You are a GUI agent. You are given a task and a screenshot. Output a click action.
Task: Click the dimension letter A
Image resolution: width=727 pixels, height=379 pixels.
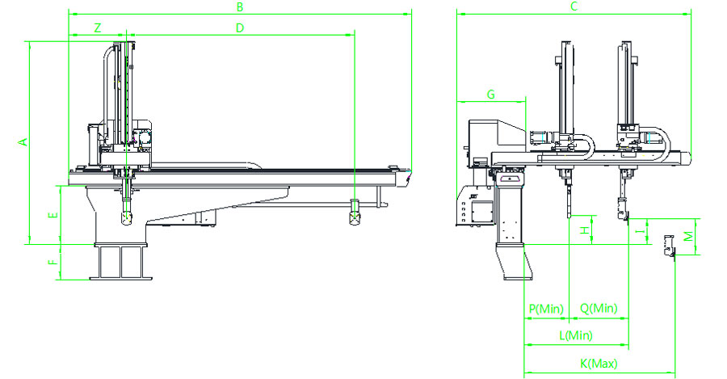click(23, 142)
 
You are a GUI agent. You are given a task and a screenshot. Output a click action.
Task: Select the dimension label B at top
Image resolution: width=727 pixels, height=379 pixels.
click(239, 7)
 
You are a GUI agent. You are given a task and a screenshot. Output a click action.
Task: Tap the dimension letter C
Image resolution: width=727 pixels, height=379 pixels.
click(574, 7)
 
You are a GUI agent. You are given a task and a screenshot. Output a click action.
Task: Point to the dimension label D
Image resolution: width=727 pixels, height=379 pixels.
click(239, 27)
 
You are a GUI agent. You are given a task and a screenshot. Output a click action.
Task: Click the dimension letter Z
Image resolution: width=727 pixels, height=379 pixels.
click(98, 27)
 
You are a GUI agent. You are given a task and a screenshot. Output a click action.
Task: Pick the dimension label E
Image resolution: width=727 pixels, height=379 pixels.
click(52, 216)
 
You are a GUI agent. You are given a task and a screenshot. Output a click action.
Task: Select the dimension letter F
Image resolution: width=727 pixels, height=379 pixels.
click(52, 263)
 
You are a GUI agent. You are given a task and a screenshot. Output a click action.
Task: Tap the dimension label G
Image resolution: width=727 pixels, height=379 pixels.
click(490, 95)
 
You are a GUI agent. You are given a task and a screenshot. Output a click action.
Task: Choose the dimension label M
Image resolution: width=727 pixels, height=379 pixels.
click(687, 236)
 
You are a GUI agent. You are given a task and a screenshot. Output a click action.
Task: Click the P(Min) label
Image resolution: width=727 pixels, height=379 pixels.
click(545, 309)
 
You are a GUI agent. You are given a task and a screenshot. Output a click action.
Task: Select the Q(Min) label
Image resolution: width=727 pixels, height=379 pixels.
click(599, 309)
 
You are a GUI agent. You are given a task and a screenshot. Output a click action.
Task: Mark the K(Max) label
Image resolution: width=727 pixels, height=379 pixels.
click(599, 363)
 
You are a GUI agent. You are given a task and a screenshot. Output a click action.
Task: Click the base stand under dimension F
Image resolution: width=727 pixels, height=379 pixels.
click(122, 263)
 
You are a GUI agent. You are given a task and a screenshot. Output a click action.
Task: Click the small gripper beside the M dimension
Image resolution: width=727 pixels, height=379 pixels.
click(668, 246)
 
